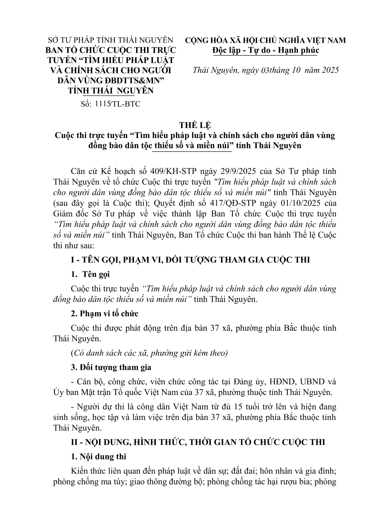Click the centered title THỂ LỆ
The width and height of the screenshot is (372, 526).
(195, 125)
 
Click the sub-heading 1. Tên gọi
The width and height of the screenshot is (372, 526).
(91, 274)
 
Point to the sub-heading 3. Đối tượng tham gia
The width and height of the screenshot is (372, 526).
(111, 367)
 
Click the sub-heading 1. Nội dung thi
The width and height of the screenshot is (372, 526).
(99, 456)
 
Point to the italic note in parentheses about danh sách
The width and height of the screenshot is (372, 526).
(150, 353)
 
